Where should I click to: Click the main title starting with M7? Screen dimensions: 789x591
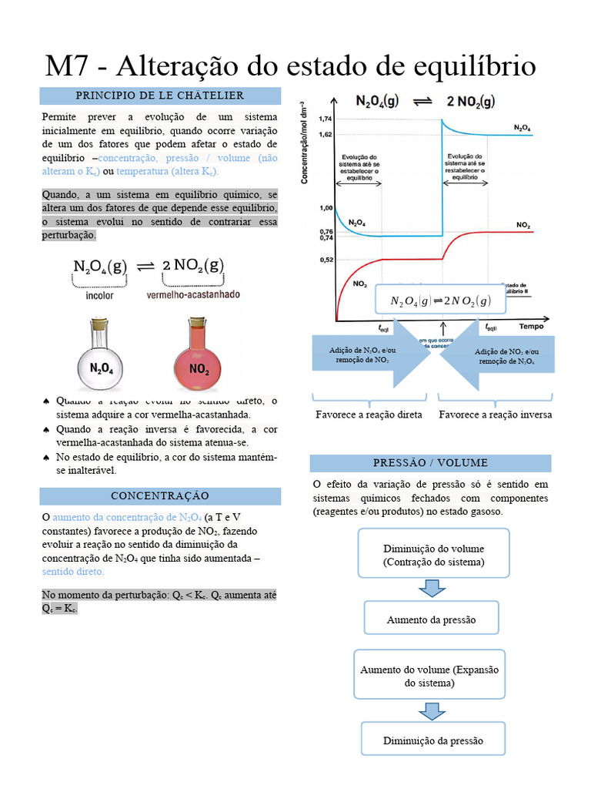[291, 65]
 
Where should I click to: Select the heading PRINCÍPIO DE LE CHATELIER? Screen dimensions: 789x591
[160, 96]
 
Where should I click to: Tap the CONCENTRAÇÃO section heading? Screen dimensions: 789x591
[160, 495]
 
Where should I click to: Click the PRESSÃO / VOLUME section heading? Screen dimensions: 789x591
[430, 463]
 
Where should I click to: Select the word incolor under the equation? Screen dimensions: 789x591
[100, 295]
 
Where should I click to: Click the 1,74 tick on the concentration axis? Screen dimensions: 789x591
[324, 119]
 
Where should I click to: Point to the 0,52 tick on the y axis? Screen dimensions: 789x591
[324, 260]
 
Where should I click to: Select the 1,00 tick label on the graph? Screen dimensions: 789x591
[324, 208]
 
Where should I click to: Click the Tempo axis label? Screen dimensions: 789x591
[530, 327]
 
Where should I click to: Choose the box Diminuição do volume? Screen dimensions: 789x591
[433, 555]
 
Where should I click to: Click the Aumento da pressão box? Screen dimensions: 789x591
[431, 619]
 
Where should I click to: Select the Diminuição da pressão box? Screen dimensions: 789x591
[433, 740]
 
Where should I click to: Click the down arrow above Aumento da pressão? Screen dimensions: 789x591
[432, 589]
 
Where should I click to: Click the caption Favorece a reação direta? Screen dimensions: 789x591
[369, 415]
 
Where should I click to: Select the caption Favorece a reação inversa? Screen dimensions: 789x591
[495, 415]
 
